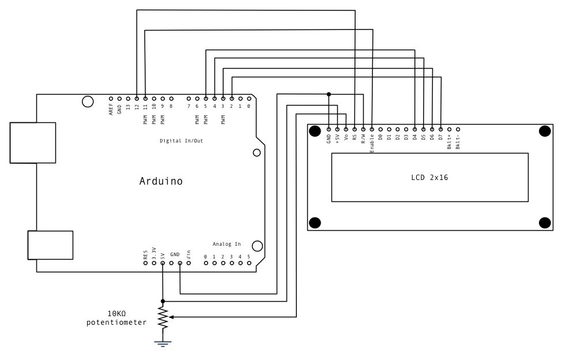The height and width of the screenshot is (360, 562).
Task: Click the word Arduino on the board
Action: click(x=161, y=181)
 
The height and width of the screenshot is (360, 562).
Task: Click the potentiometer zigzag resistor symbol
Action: click(x=163, y=317)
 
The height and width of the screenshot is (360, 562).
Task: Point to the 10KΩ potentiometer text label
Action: click(x=116, y=318)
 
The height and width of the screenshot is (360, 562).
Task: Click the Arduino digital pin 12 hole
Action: click(x=137, y=99)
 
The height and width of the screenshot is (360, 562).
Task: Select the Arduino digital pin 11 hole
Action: click(x=145, y=99)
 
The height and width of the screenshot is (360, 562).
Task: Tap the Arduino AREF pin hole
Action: click(x=111, y=99)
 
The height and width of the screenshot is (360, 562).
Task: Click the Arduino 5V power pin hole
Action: click(x=163, y=263)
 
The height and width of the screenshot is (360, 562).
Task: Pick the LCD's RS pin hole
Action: click(x=354, y=130)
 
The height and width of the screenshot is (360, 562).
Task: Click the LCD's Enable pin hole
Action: click(x=372, y=130)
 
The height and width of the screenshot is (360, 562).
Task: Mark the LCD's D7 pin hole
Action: click(x=441, y=130)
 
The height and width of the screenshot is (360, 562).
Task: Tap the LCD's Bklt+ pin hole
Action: click(x=450, y=130)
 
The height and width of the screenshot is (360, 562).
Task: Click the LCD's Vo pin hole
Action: click(x=346, y=130)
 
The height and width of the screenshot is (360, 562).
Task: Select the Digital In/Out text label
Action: click(x=181, y=140)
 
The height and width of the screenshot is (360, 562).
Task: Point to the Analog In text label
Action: click(x=227, y=244)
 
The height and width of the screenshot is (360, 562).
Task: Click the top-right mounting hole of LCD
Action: click(x=544, y=132)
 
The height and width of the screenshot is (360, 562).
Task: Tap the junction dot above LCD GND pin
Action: click(x=329, y=94)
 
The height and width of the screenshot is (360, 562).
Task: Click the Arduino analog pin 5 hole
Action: click(x=249, y=263)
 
